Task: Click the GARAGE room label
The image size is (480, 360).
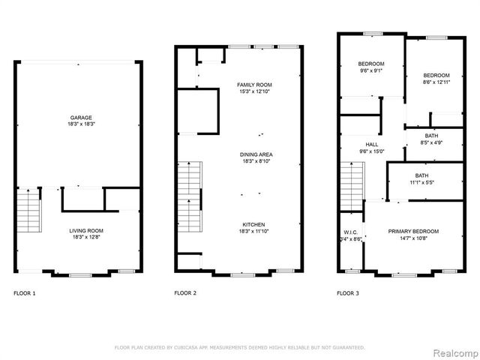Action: pos(81,118)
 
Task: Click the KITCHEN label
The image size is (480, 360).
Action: pos(253,225)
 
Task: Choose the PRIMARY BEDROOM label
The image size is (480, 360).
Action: pos(413,231)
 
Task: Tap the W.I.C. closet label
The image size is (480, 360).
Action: pos(349,232)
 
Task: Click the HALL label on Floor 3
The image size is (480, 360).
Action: pos(372,145)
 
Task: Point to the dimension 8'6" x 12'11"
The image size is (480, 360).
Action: pos(436,83)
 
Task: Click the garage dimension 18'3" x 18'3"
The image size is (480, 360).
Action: pos(81,124)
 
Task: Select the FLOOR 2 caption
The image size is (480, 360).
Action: pos(185,293)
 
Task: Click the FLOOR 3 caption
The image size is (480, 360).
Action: pos(347,293)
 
